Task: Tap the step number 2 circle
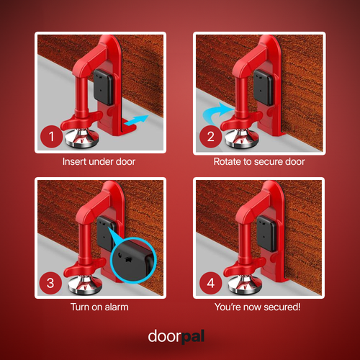pyautogui.click(x=211, y=136)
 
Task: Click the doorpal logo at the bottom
pyautogui.click(x=180, y=336)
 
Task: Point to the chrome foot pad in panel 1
pyautogui.click(x=78, y=137)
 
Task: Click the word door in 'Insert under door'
pyautogui.click(x=125, y=162)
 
